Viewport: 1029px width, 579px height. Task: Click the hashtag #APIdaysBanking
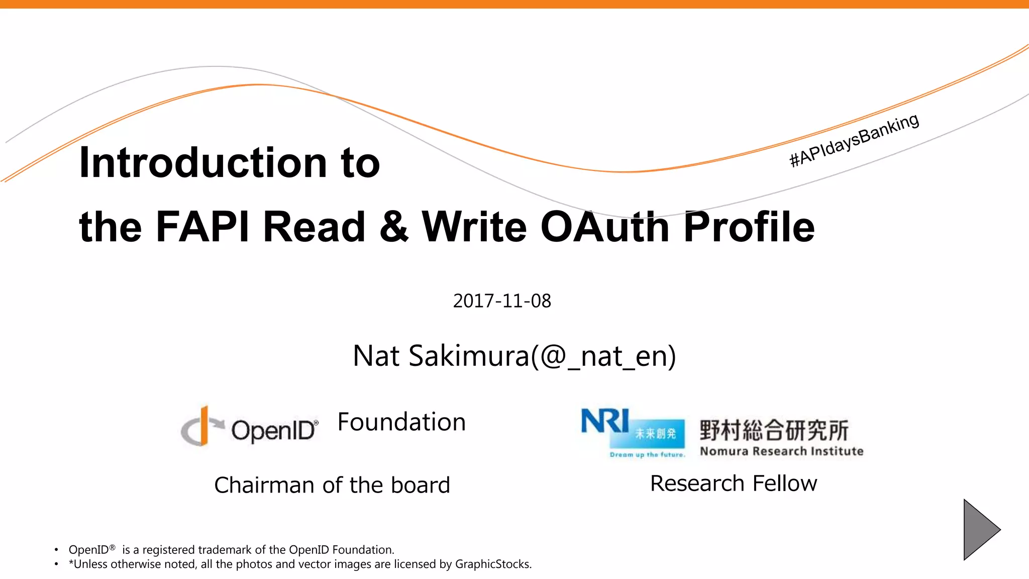click(x=854, y=140)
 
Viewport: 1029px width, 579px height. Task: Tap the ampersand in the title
click(x=394, y=227)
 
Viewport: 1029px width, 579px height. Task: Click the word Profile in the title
click(x=749, y=227)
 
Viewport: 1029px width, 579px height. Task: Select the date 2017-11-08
click(x=502, y=301)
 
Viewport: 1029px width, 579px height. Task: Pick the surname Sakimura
click(x=469, y=356)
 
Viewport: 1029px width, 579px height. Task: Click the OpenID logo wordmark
click(x=274, y=430)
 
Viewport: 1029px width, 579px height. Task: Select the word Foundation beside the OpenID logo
click(x=401, y=422)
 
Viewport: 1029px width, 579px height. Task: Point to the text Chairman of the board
click(x=332, y=485)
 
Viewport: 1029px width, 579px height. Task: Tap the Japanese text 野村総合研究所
click(x=774, y=430)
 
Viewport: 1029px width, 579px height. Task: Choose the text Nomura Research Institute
click(x=782, y=451)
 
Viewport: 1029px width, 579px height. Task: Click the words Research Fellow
click(x=734, y=483)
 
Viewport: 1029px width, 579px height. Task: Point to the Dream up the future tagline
click(x=647, y=455)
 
